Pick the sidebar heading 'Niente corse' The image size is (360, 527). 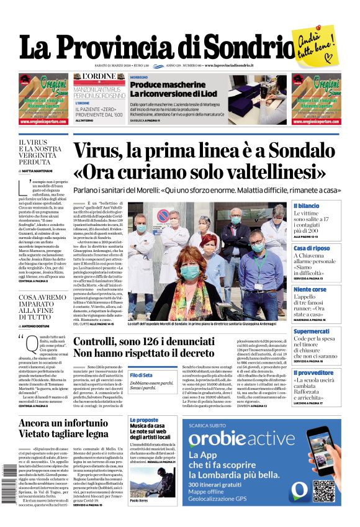(310, 290)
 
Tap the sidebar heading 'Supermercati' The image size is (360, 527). (312, 331)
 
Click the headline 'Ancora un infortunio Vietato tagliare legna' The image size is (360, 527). (64, 428)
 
